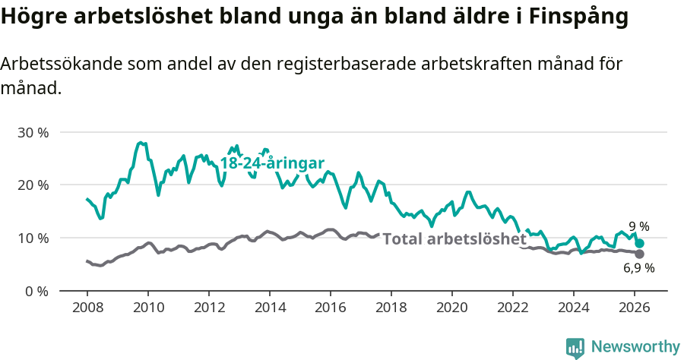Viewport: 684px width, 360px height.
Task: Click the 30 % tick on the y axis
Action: pos(33,132)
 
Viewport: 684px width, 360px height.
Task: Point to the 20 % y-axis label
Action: pos(33,185)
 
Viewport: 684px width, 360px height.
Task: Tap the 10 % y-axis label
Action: pos(33,238)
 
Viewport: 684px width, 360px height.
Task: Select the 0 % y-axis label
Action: pos(36,291)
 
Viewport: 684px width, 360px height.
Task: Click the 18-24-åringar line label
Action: pos(272,163)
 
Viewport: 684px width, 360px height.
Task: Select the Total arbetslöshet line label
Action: pos(454,238)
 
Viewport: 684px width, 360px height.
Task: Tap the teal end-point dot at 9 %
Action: pos(640,244)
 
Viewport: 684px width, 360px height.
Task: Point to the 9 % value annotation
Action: pos(639,226)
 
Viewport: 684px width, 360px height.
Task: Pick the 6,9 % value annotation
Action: pos(639,268)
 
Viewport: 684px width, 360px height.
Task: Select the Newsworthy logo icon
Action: pos(575,348)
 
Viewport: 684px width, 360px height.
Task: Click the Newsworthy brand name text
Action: pos(635,347)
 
